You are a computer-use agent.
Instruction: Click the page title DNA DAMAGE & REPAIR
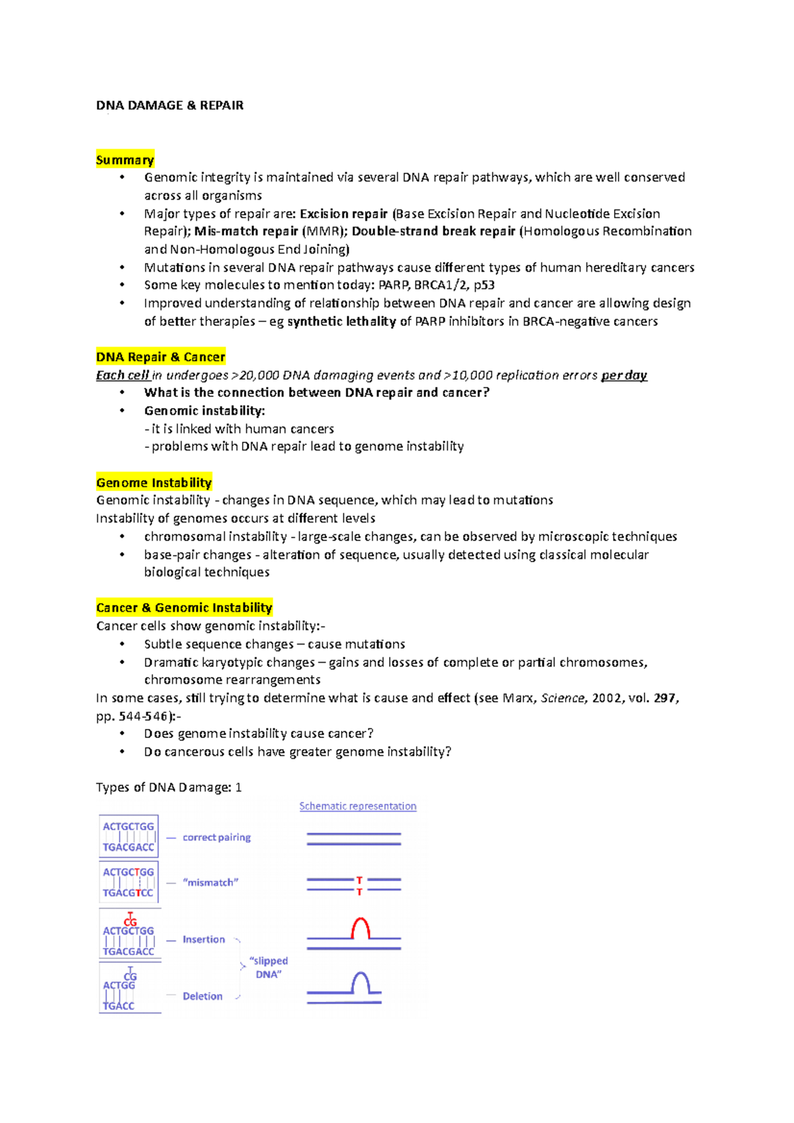[x=169, y=105]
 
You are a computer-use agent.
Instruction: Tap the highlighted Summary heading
[x=125, y=159]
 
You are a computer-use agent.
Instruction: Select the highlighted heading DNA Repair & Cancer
[x=161, y=356]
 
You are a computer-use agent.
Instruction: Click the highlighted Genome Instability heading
[x=154, y=482]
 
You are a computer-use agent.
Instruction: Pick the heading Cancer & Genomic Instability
[x=184, y=607]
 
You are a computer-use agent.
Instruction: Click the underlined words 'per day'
[x=624, y=375]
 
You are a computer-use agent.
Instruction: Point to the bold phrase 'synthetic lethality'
[x=341, y=321]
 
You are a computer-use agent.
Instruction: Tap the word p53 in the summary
[x=484, y=285]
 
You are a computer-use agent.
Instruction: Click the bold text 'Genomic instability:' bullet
[x=204, y=410]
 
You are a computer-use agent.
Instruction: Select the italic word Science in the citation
[x=562, y=698]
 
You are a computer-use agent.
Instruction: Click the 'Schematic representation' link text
[x=357, y=806]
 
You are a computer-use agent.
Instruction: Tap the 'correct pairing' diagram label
[x=216, y=837]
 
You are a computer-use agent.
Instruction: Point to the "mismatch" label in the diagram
[x=210, y=882]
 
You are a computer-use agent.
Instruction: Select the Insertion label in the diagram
[x=204, y=939]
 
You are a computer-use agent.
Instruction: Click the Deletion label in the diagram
[x=202, y=996]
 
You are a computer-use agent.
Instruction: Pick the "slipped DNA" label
[x=269, y=967]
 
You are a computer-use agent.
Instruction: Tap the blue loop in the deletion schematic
[x=360, y=981]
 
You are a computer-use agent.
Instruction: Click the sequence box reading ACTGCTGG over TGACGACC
[x=128, y=837]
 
